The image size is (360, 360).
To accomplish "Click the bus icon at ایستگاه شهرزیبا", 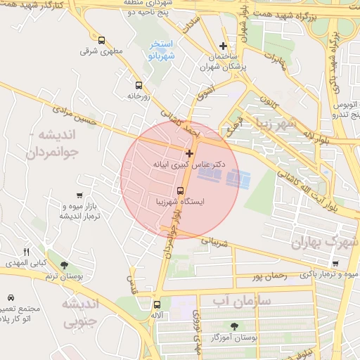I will click(x=180, y=191).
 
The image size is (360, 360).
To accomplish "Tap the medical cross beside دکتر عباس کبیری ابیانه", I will click(x=189, y=153).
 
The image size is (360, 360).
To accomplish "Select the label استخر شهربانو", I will click(x=161, y=50).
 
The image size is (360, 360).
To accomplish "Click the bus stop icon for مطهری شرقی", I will click(x=103, y=41).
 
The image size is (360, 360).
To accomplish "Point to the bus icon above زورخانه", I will click(x=139, y=84).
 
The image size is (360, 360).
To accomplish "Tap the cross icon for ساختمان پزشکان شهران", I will click(x=224, y=46).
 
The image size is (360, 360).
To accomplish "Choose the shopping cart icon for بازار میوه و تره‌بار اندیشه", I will click(x=79, y=196).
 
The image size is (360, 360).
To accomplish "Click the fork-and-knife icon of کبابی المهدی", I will click(x=27, y=252).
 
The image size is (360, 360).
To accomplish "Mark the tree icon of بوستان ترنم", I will click(x=65, y=266).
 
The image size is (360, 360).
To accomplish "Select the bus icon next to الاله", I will click(x=156, y=305).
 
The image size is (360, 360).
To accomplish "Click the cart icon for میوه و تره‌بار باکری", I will click(x=335, y=264).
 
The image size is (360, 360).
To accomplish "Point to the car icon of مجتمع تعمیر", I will click(x=11, y=298).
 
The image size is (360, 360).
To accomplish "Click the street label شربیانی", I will click(x=216, y=242).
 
